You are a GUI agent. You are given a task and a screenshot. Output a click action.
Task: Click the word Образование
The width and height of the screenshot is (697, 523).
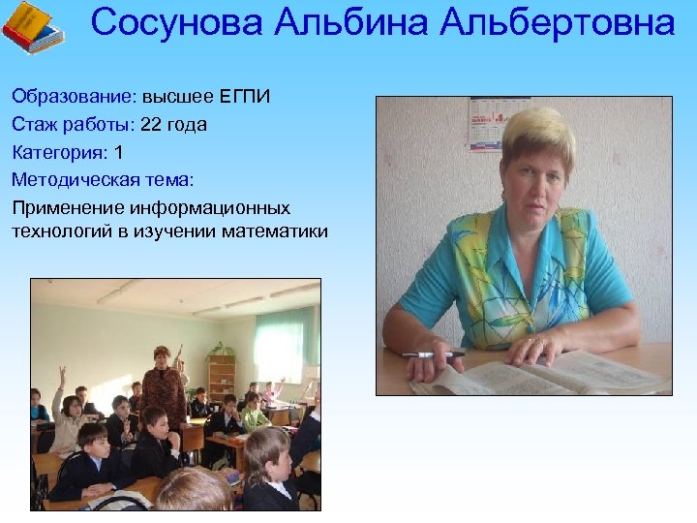tap(74, 98)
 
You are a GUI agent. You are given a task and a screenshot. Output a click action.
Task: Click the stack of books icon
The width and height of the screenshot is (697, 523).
tap(34, 27)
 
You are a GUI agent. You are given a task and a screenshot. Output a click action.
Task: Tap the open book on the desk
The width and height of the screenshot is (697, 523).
tap(542, 373)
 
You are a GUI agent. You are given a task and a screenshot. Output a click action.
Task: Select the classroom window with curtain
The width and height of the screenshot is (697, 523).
tap(285, 344)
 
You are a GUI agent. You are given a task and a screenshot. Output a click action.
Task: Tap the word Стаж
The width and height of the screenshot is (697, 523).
tap(32, 125)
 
